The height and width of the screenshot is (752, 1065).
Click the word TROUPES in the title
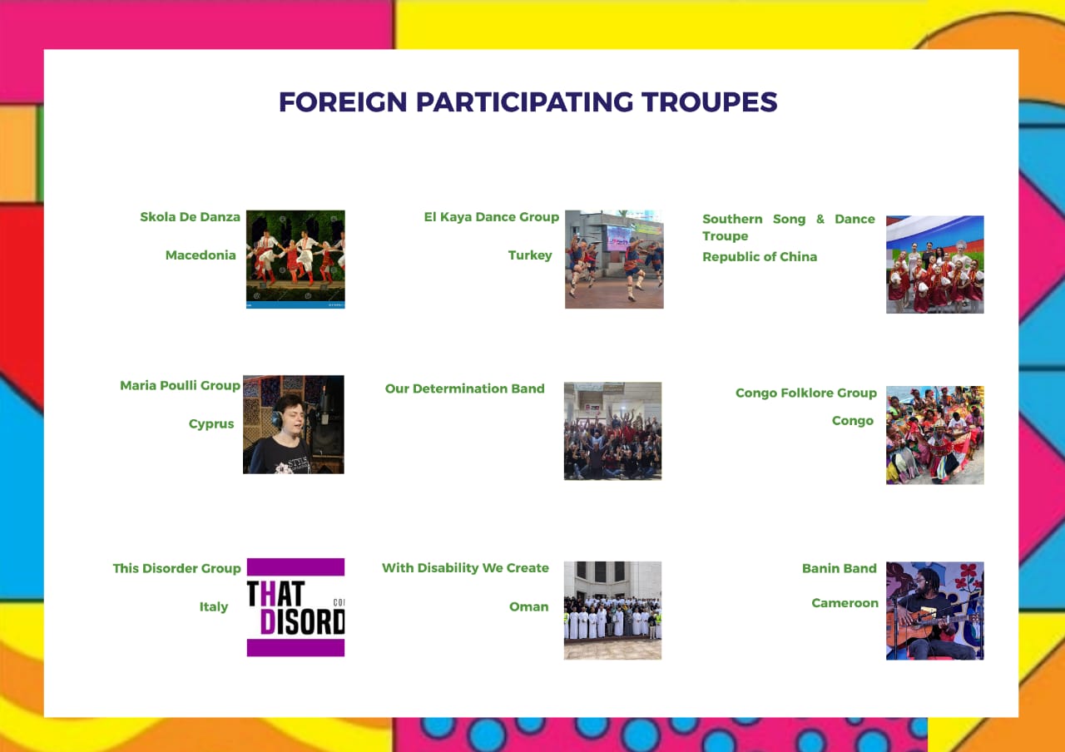709,102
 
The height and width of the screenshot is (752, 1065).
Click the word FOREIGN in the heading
343,102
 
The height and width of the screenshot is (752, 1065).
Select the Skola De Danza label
191,217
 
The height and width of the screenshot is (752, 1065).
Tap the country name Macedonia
201,255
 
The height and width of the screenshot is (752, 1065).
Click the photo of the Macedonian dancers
295,259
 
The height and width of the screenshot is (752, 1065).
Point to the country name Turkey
530,255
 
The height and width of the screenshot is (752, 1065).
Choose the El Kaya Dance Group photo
614,259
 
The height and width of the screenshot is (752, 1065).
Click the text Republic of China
760,257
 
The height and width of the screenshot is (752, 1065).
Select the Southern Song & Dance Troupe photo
934,265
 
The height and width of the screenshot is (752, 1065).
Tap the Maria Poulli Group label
181,385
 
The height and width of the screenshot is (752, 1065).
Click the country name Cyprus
211,424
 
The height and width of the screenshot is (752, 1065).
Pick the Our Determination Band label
464,388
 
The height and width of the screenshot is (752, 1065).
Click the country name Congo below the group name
853,421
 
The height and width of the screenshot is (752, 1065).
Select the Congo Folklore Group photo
934,435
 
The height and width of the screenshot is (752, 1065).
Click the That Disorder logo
295,607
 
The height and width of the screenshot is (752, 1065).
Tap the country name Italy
214,607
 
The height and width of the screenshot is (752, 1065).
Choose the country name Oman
528,607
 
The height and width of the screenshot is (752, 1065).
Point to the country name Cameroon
845,603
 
